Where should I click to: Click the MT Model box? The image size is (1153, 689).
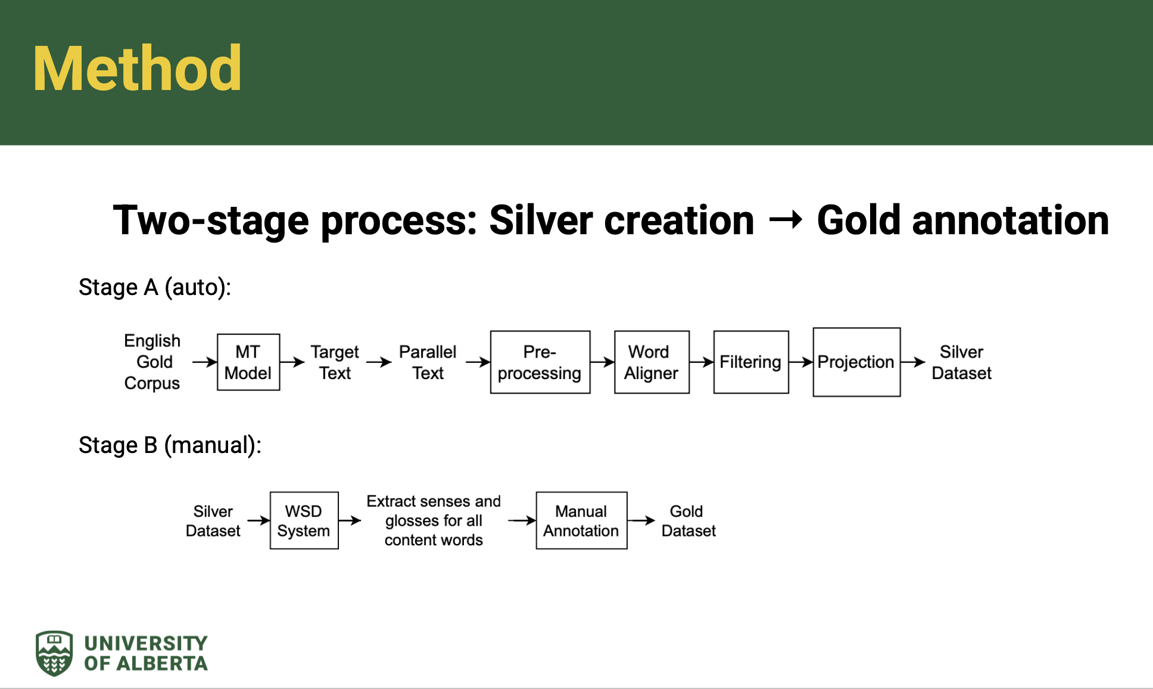coord(248,362)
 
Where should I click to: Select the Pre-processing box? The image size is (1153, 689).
coord(540,362)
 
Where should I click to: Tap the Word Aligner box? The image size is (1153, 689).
coord(652,362)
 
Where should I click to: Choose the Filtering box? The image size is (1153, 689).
coord(751,362)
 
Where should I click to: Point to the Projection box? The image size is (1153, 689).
coord(856,362)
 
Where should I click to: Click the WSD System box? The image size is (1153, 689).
coord(304,520)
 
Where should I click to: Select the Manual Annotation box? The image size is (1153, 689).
coord(581,520)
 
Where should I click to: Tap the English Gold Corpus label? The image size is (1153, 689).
coord(152,362)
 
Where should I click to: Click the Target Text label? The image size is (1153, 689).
coord(335,362)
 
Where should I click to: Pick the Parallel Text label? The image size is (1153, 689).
coord(428,362)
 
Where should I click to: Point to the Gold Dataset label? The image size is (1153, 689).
coord(688,521)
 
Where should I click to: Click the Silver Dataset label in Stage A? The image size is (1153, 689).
coord(961,362)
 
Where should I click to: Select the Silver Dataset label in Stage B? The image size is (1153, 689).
coord(213,521)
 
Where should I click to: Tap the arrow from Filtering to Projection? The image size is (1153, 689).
coord(801,362)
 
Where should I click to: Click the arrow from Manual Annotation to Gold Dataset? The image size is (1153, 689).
coord(641,520)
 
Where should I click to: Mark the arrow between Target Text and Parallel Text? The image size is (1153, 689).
coord(379,362)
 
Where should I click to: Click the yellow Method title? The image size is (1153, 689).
coord(138,69)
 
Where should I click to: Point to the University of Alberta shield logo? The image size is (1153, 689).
coord(54,653)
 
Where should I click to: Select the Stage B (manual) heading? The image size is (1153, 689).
coord(170,445)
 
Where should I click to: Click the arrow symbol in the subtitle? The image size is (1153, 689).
coord(786,221)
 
